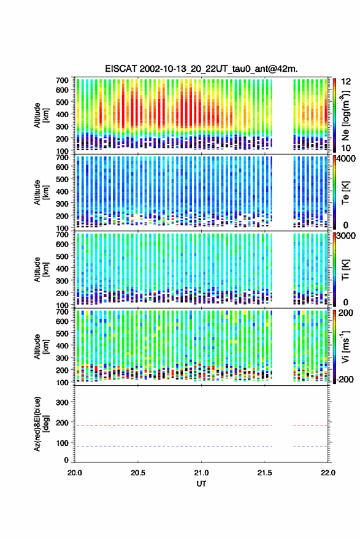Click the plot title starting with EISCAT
(x=201, y=69)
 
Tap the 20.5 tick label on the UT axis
(x=138, y=473)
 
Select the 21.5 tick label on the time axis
(x=264, y=473)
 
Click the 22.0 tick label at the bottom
(x=327, y=473)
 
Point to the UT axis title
(x=201, y=484)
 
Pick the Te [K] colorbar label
(x=345, y=193)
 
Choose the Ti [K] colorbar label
(x=345, y=270)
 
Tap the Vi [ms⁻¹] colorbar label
(x=345, y=346)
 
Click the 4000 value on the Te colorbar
(x=346, y=158)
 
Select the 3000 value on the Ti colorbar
(x=346, y=235)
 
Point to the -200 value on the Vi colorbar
(x=345, y=379)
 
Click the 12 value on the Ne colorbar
(x=346, y=82)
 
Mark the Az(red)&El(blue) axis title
(x=41, y=424)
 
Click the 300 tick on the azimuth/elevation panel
(x=62, y=402)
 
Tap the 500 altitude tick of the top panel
(x=62, y=102)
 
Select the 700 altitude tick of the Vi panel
(x=62, y=312)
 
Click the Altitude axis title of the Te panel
(x=41, y=193)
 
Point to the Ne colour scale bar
(x=334, y=115)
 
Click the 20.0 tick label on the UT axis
(x=75, y=473)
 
